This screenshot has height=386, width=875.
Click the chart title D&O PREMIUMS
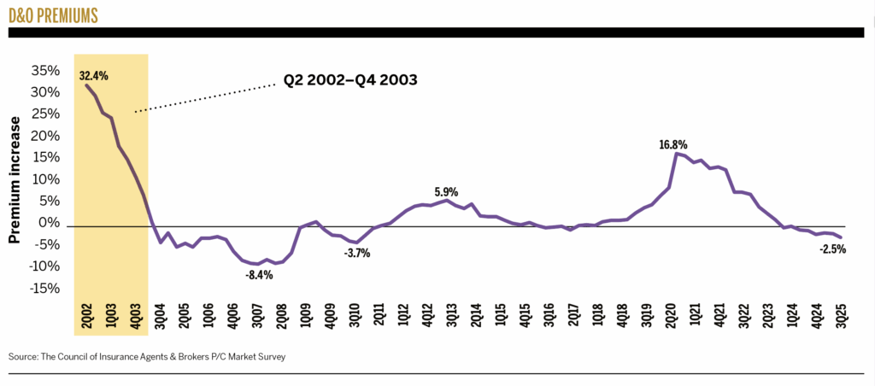coord(52,15)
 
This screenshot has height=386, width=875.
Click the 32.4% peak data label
coord(93,75)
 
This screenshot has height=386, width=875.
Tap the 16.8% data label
coord(672,145)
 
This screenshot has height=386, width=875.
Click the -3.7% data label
coord(356,254)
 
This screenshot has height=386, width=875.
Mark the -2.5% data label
coord(832,249)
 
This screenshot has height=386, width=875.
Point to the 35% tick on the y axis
coord(45,71)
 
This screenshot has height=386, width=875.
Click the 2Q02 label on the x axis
coord(85,317)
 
